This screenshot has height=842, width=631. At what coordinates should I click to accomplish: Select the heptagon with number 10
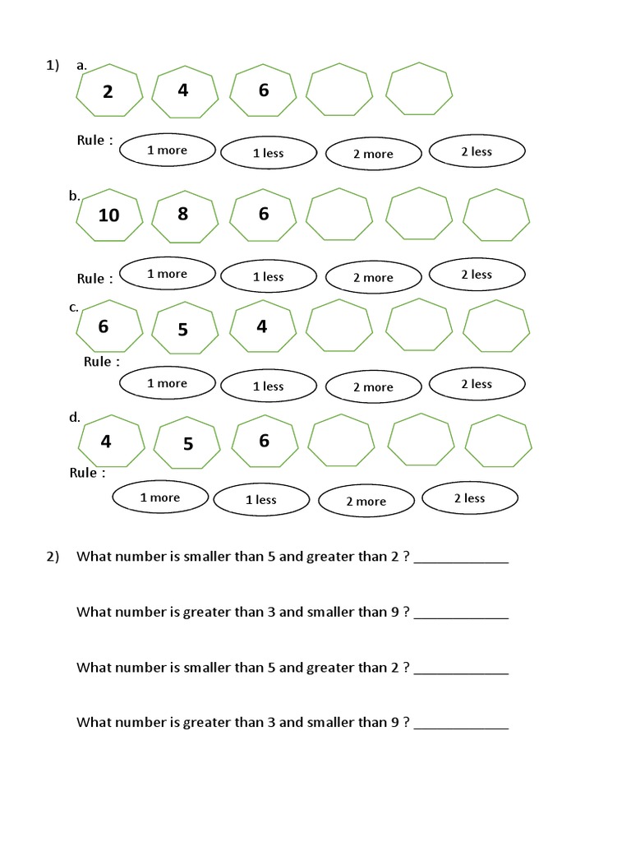coord(108,215)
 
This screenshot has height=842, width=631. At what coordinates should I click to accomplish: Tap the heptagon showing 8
coord(185,215)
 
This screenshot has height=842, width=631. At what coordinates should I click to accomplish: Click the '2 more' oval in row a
coord(373,154)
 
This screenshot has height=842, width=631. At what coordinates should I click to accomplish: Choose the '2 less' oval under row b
coord(477,275)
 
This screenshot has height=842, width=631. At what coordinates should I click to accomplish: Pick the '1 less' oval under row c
coord(269,386)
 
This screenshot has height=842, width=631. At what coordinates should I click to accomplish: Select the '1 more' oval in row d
coord(159,497)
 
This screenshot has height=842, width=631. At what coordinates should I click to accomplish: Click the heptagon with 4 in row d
coord(110,442)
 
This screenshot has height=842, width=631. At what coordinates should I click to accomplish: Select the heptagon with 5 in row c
coord(185,328)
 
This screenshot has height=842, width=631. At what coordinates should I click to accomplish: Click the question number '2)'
coord(53,557)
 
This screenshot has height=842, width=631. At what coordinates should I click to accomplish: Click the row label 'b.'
coord(74,196)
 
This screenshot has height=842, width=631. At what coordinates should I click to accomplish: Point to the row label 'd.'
coord(74,417)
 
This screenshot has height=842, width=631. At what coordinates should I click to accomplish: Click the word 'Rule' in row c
coord(97,362)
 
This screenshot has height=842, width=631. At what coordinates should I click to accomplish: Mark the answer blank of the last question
coord(461,725)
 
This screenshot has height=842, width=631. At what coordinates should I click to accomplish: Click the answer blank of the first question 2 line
coord(461,559)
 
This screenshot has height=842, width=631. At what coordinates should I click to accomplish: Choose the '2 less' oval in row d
coord(470,498)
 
